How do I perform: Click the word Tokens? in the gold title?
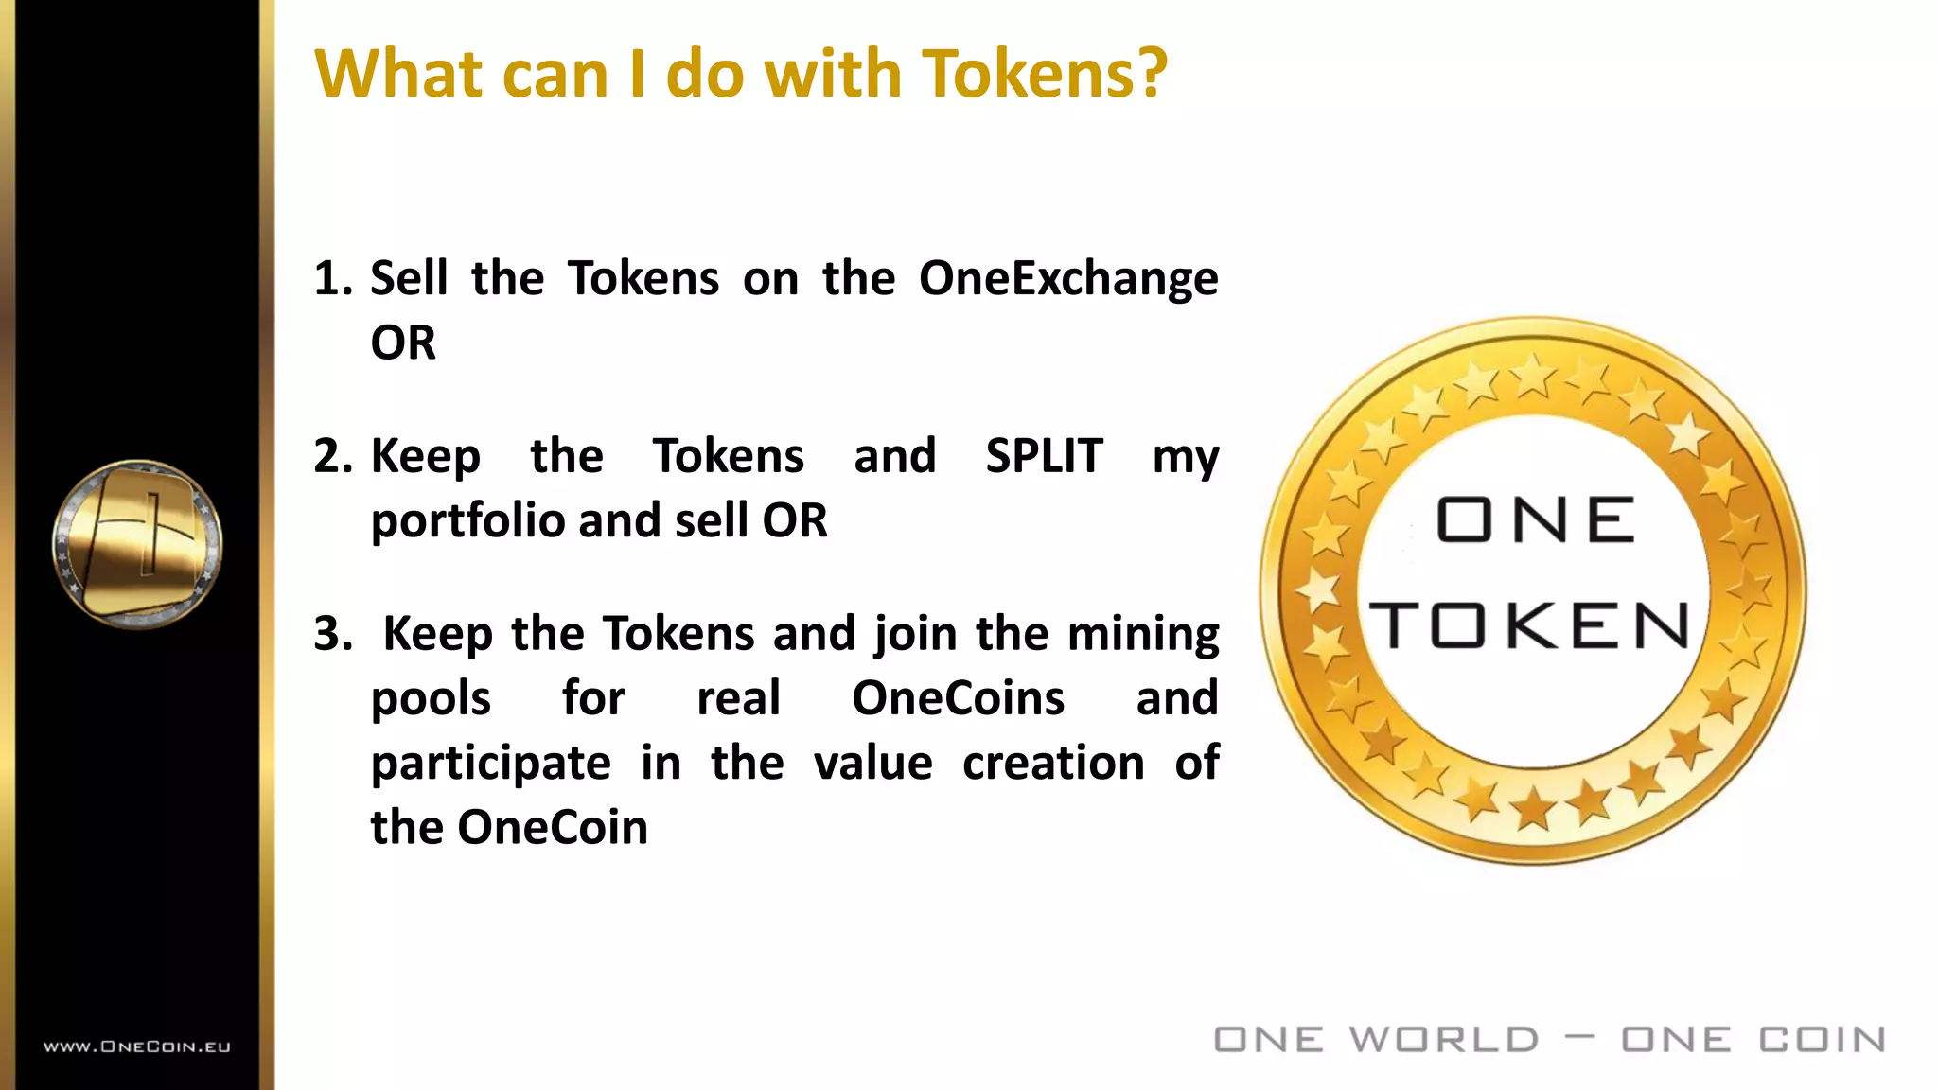pyautogui.click(x=1045, y=74)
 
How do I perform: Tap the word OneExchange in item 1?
pyautogui.click(x=1068, y=279)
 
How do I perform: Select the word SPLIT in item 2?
pyautogui.click(x=1044, y=456)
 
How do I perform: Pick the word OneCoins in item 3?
pyautogui.click(x=958, y=698)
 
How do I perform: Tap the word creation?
pyautogui.click(x=1053, y=763)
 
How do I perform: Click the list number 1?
pyautogui.click(x=331, y=279)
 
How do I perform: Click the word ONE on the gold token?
pyautogui.click(x=1535, y=519)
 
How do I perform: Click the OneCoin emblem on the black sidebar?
pyautogui.click(x=137, y=543)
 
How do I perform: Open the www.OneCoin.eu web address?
pyautogui.click(x=137, y=1046)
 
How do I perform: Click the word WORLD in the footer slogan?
pyautogui.click(x=1444, y=1040)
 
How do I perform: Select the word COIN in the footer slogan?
pyautogui.click(x=1822, y=1040)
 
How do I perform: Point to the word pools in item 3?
pyautogui.click(x=431, y=698)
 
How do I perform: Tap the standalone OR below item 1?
pyautogui.click(x=403, y=343)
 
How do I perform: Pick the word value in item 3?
pyautogui.click(x=872, y=763)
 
